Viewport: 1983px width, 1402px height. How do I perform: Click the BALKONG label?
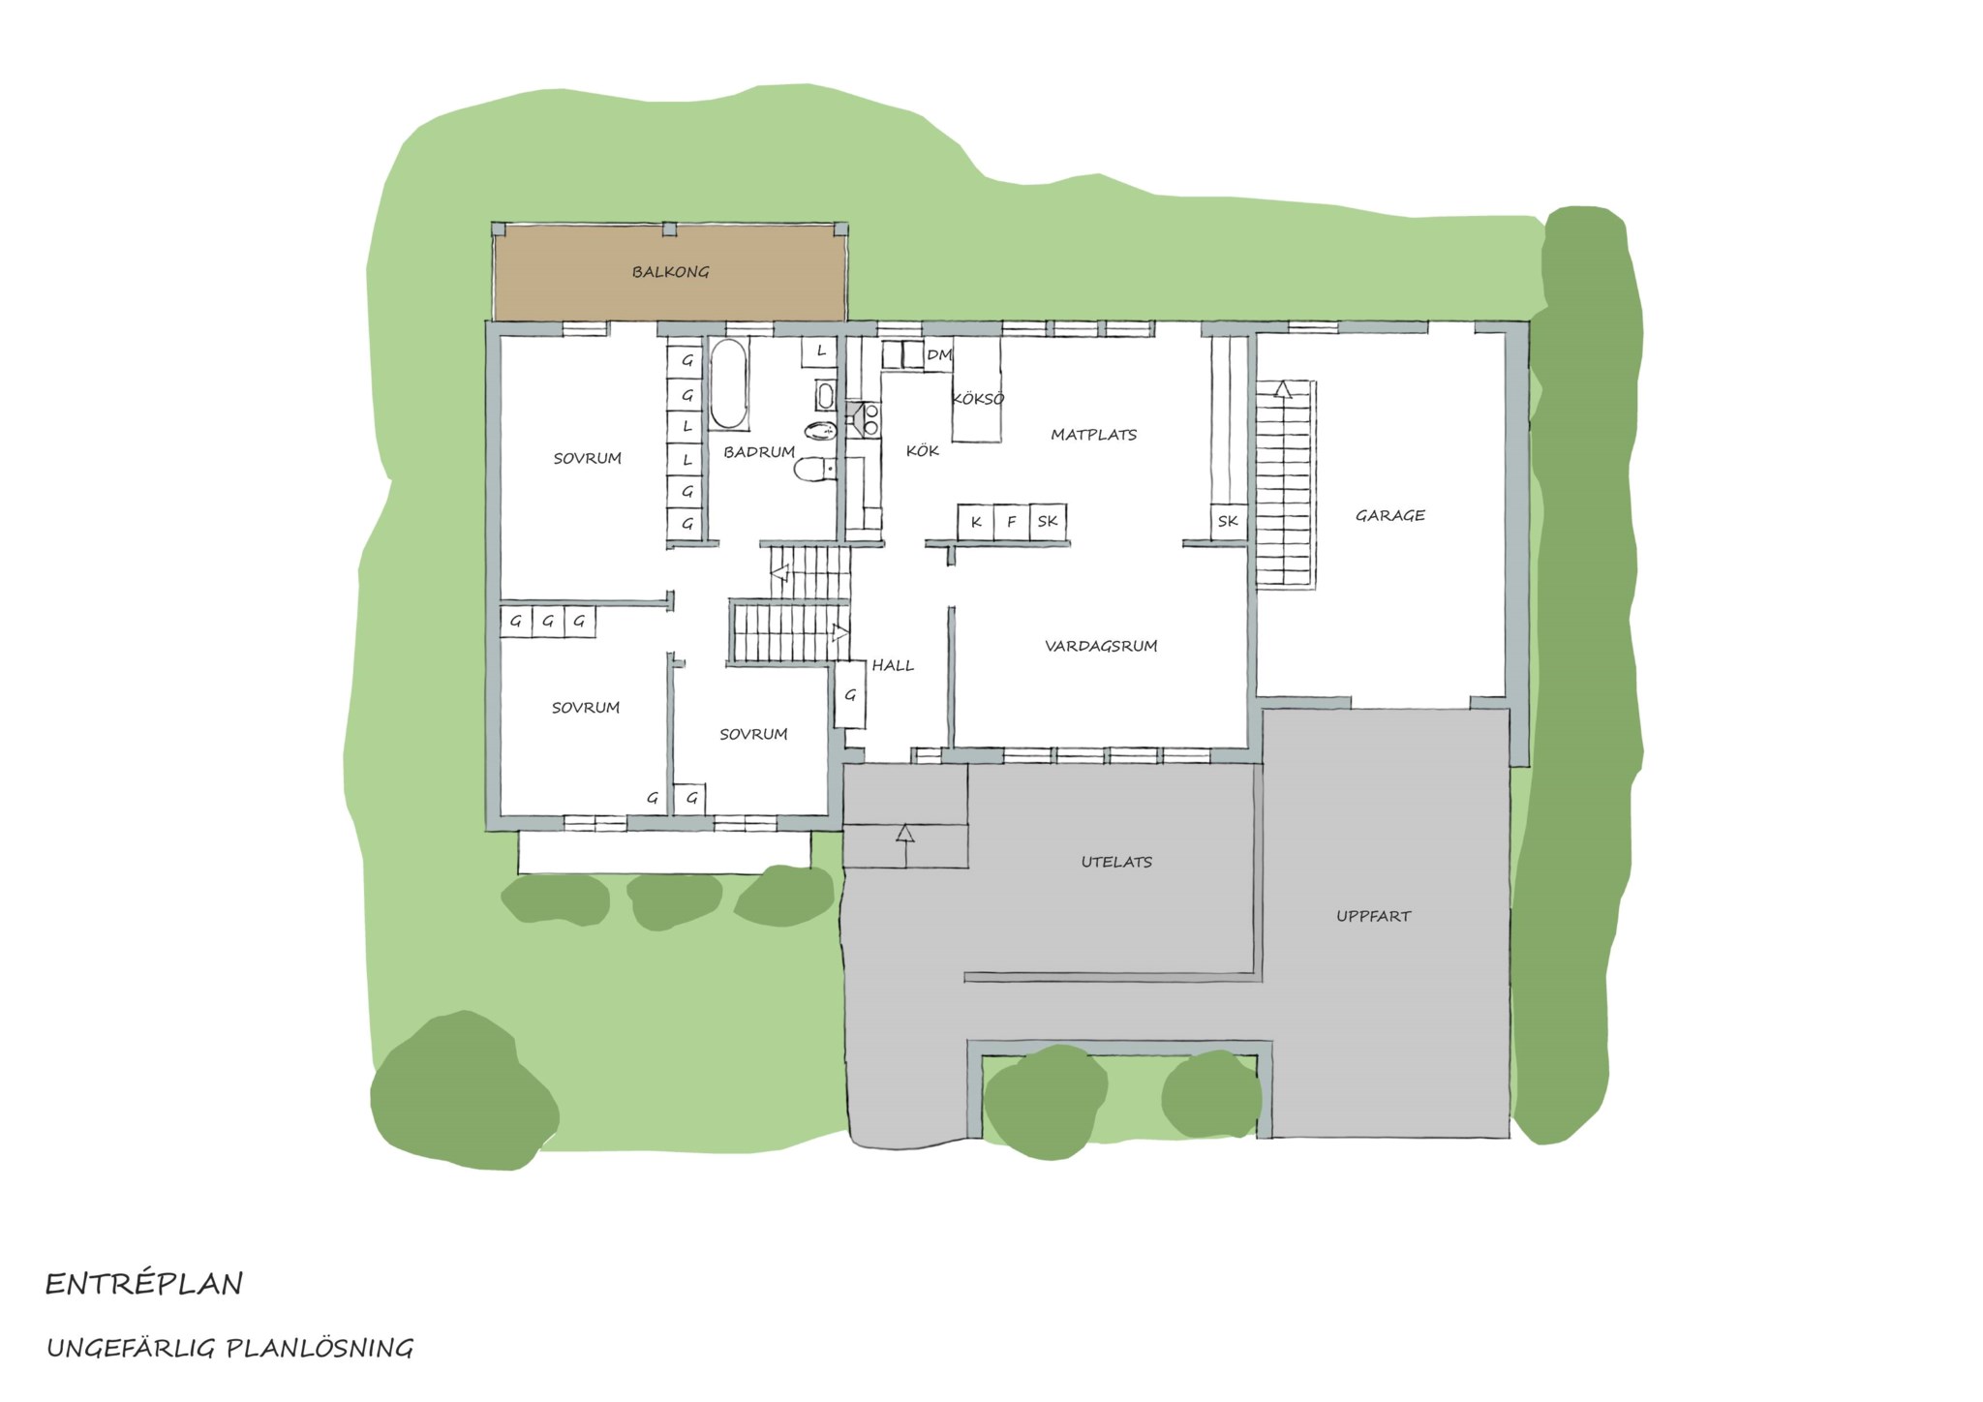(670, 272)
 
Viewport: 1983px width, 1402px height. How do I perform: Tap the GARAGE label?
(1389, 515)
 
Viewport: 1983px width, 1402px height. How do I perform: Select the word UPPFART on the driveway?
(1373, 915)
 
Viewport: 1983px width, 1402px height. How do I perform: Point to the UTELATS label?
(1116, 861)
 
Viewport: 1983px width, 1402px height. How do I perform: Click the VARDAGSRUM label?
(1101, 646)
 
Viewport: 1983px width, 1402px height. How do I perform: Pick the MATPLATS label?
(1093, 435)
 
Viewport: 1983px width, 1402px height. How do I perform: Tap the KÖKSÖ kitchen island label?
(978, 399)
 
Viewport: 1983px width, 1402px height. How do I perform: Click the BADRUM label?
(759, 452)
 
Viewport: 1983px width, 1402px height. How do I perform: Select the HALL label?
(892, 665)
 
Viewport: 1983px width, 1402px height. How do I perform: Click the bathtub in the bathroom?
(729, 383)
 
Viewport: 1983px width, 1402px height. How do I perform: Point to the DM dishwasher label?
(938, 355)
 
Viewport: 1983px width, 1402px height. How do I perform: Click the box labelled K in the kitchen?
(976, 521)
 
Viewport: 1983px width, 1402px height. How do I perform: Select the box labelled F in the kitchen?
(1012, 521)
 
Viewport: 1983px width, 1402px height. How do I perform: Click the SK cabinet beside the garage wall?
(1228, 521)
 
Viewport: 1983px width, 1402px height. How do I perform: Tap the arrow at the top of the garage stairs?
(1283, 388)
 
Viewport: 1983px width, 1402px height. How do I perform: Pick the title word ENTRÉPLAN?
(144, 1284)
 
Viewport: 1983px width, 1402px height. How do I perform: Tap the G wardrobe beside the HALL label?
(850, 694)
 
